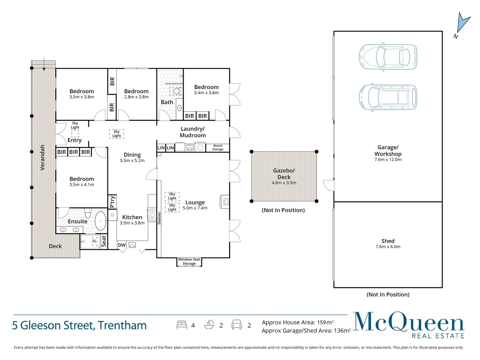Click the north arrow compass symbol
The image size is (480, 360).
tap(463, 24)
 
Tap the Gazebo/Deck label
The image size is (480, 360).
tap(284, 174)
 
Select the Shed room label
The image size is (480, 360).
tap(388, 241)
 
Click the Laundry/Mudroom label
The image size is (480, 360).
tap(193, 132)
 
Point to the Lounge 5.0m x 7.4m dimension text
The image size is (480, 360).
tap(195, 208)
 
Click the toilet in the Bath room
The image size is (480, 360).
tap(176, 91)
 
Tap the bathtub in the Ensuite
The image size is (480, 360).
tap(100, 220)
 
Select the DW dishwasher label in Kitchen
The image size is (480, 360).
tap(122, 245)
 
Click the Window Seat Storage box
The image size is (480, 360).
tap(189, 262)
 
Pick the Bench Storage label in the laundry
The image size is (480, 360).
tap(218, 147)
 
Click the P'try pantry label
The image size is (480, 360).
tap(112, 201)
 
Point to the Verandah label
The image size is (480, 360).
tap(42, 157)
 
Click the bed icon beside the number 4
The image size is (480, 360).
tap(182, 325)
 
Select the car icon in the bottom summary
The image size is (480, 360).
tap(236, 325)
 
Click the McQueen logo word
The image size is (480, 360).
tap(408, 322)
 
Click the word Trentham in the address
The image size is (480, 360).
tap(122, 325)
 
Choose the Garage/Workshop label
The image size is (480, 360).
tap(388, 151)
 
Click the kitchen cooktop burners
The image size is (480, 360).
tap(152, 214)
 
